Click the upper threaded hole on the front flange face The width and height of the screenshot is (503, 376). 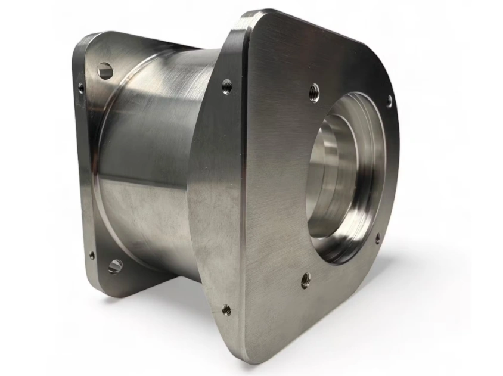click(314, 92)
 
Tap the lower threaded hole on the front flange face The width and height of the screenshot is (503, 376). click(305, 279)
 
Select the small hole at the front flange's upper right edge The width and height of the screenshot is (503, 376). click(389, 101)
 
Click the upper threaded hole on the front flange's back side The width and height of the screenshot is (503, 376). click(226, 87)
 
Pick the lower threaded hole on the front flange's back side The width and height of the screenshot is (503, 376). click(226, 309)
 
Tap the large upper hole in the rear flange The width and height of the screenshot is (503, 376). click(105, 71)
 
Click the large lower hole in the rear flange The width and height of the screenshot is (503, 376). click(115, 266)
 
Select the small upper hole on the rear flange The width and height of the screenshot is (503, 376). click(81, 88)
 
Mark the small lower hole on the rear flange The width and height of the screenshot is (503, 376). click(92, 255)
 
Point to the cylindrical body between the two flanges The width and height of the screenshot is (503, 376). click(155, 167)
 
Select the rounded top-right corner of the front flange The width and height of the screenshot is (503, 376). click(381, 66)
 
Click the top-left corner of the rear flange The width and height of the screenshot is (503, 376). click(80, 39)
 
